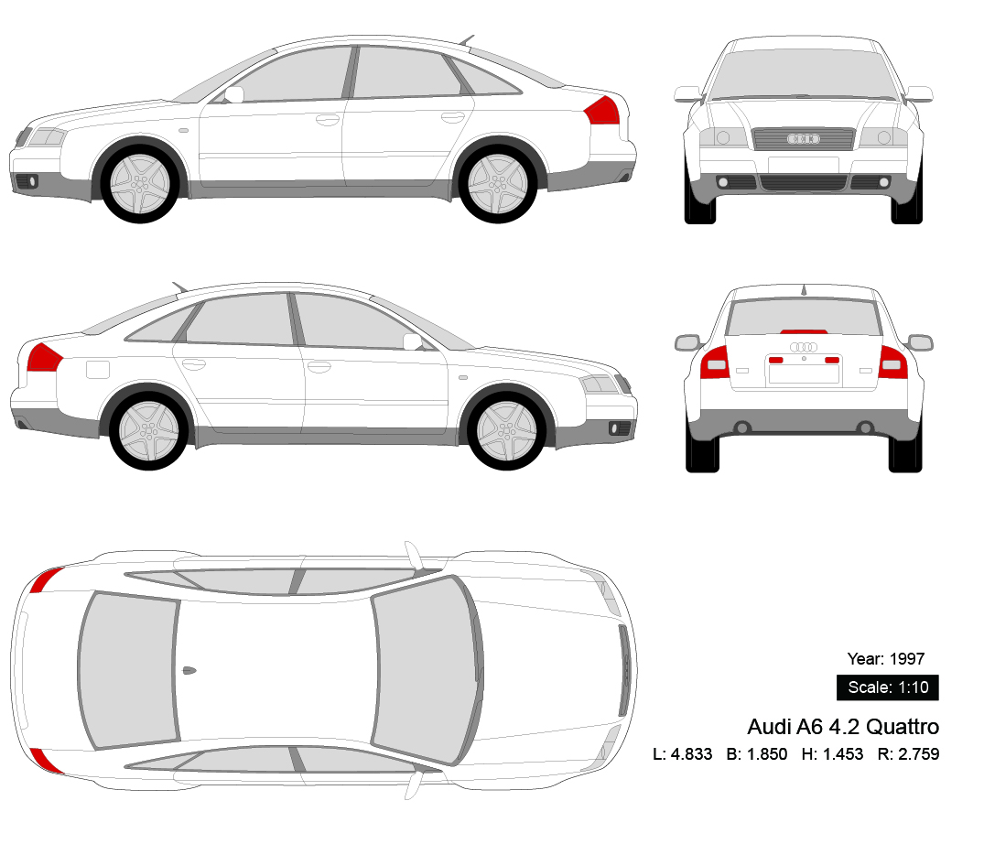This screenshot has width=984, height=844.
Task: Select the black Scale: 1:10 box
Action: pos(887,687)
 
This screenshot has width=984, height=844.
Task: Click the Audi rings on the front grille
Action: pos(804,139)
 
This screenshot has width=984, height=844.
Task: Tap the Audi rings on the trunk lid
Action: pos(804,347)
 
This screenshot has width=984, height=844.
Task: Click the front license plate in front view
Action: pos(804,165)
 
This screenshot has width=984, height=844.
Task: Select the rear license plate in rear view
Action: pos(804,372)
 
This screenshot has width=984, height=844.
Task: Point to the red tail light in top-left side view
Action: pos(602,111)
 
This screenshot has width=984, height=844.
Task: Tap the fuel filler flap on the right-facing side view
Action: pos(97,369)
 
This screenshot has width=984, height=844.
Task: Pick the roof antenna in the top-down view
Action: pos(189,670)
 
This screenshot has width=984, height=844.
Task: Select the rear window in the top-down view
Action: pos(128,668)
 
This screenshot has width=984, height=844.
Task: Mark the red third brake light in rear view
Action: pos(804,331)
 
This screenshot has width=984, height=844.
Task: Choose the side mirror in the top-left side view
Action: pos(234,94)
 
